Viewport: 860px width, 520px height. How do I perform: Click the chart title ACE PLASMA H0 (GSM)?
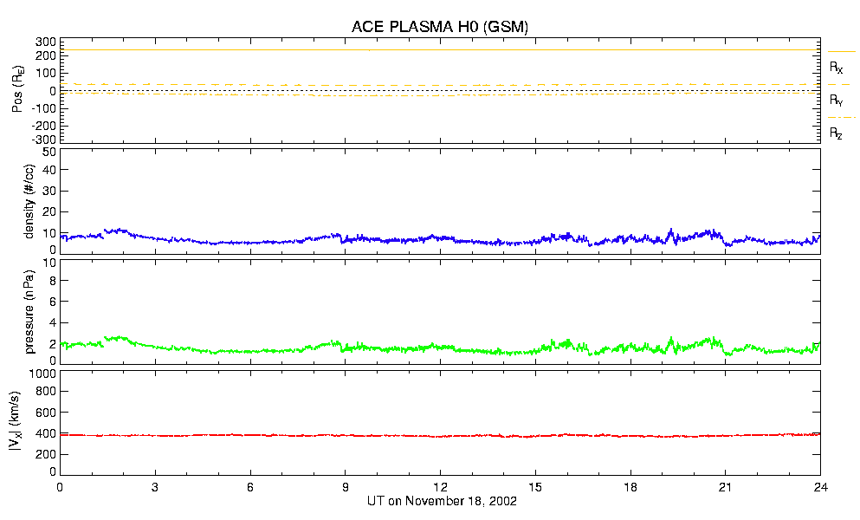click(439, 28)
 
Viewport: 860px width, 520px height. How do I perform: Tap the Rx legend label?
click(837, 67)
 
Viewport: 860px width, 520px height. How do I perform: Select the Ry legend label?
click(837, 101)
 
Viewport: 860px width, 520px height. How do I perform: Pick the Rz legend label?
click(837, 133)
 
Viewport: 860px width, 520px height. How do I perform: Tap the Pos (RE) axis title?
click(17, 91)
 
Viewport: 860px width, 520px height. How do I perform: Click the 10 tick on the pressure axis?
click(49, 281)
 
